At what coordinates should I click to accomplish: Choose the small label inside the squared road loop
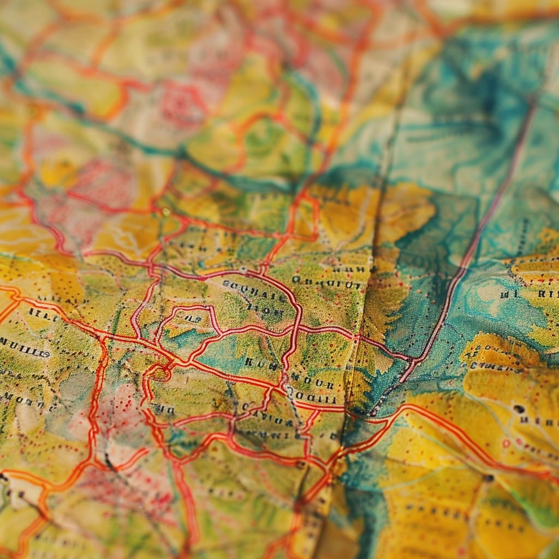pos(191,318)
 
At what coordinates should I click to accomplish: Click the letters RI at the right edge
pos(548,294)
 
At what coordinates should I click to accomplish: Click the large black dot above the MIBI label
pos(518,408)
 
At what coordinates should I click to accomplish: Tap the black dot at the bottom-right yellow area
pos(487,478)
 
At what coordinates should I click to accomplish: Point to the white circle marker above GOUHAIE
pos(243,270)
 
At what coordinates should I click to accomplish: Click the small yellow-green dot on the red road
pos(165,212)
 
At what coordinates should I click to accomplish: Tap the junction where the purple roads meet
pos(415,361)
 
